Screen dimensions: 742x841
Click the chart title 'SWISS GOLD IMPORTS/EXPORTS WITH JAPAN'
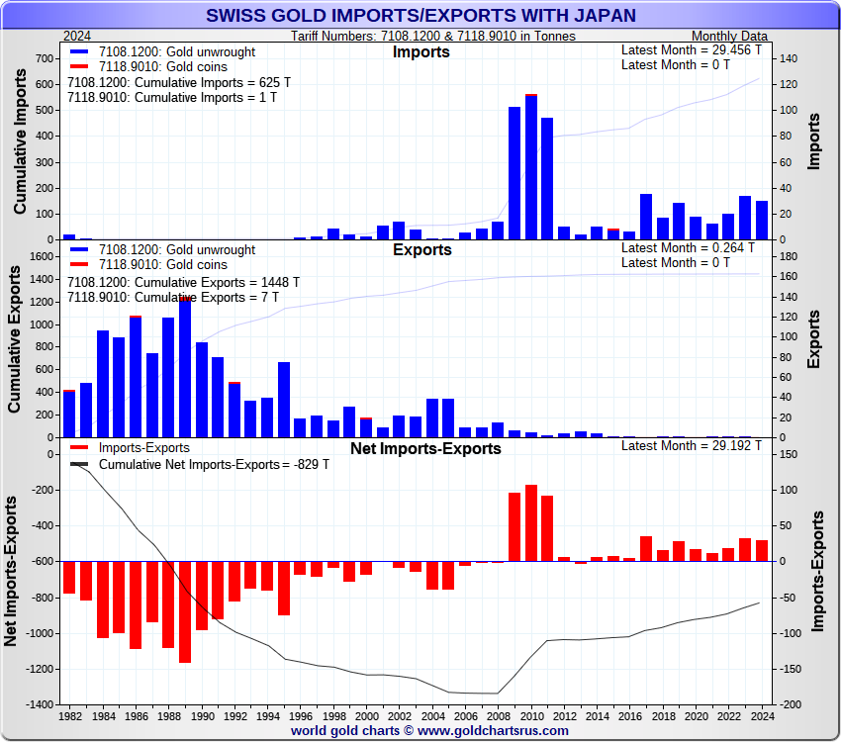pos(420,16)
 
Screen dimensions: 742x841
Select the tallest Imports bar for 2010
pos(531,168)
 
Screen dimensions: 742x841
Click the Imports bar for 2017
pos(646,218)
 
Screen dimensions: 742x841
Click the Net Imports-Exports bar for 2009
pos(514,526)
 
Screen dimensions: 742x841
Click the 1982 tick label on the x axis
pos(70,714)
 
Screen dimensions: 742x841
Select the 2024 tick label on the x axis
pos(760,714)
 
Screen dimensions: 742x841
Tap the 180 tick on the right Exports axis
pos(789,256)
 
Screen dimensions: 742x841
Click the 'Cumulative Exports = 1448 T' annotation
pos(183,282)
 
